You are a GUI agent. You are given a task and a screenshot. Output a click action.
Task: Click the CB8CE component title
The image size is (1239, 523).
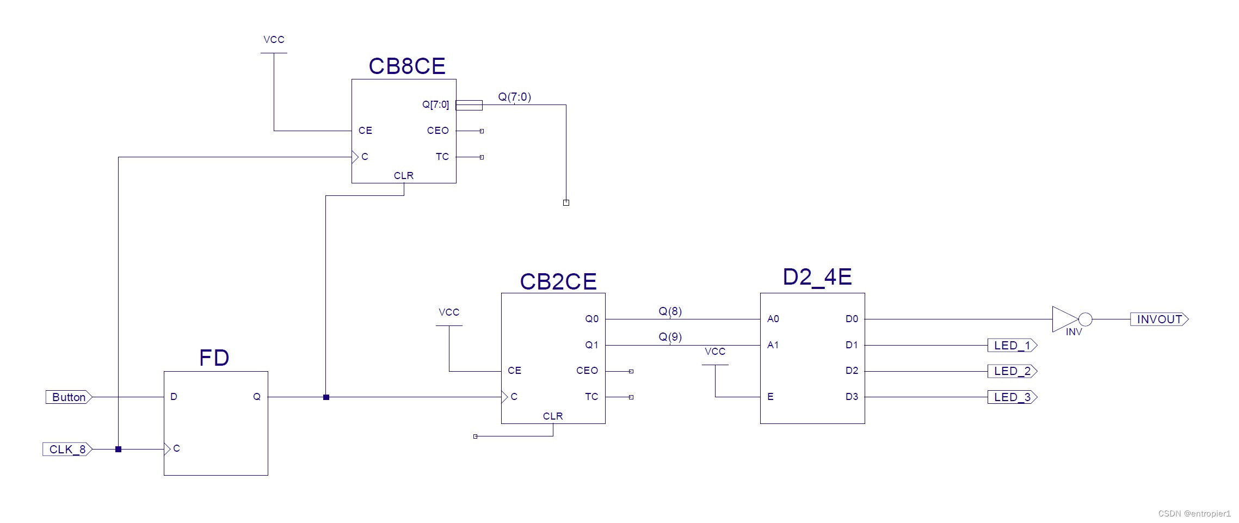406,66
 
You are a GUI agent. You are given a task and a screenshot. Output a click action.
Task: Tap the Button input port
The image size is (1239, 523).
69,397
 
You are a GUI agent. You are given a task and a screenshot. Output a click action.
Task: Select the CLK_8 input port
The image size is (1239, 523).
67,450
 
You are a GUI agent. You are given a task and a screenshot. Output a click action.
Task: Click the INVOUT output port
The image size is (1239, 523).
1159,319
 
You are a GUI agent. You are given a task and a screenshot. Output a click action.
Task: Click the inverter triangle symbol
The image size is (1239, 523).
1064,319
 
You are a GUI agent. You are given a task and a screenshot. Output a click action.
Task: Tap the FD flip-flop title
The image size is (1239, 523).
214,358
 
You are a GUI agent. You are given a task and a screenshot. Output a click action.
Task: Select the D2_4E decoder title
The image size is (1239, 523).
817,277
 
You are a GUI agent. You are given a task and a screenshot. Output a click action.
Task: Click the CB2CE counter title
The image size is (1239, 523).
558,282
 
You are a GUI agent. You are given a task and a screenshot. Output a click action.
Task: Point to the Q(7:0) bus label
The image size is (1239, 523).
514,97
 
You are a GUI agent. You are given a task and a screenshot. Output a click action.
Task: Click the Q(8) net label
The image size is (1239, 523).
670,311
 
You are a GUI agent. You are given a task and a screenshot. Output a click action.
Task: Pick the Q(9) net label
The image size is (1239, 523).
670,337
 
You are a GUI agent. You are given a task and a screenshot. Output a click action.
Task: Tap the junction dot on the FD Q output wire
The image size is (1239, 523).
326,397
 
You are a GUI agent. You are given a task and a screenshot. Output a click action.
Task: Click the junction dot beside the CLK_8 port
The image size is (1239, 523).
118,450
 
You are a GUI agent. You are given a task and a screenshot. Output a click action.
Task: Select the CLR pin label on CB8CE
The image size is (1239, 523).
404,176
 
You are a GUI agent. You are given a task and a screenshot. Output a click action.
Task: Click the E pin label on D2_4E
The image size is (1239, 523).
770,397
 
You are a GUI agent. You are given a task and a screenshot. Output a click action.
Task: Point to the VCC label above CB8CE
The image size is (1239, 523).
274,40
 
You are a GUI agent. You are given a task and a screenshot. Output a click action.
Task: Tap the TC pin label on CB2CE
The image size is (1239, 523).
591,397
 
